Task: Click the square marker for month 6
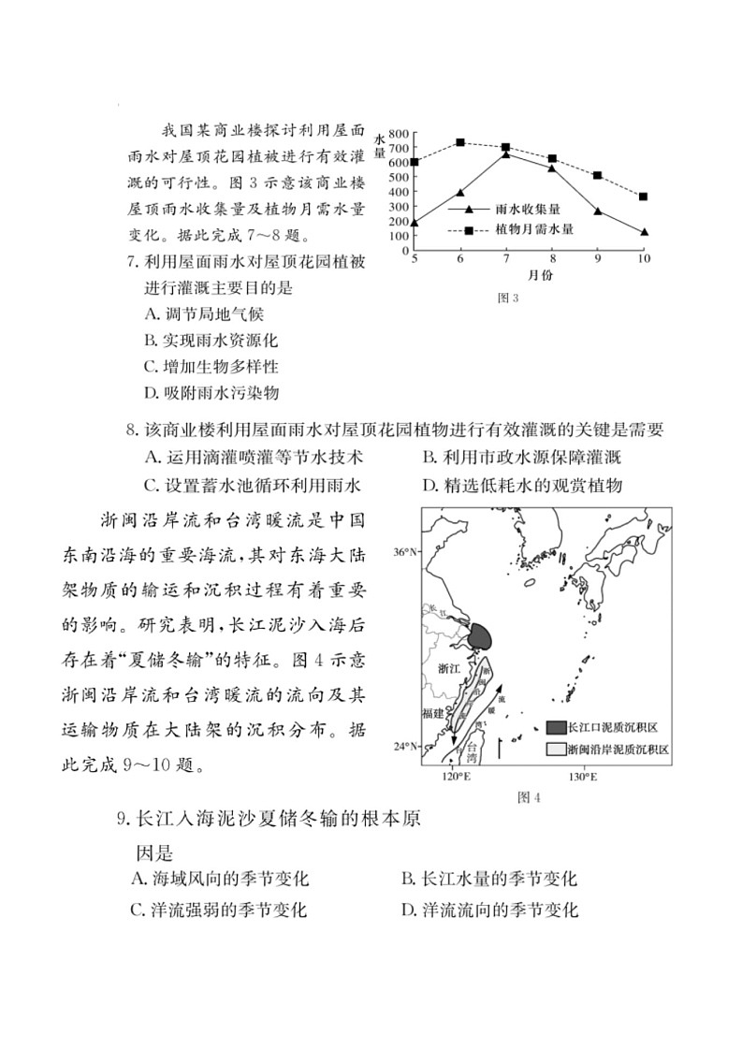coord(460,142)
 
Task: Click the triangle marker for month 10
coord(644,232)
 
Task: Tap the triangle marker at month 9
coord(598,211)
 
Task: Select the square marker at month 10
coord(644,197)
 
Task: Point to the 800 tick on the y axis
coord(397,133)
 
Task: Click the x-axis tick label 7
coord(505,257)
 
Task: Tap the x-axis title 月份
coord(528,275)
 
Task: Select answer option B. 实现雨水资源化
coord(211,341)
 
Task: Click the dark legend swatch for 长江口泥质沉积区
coord(556,727)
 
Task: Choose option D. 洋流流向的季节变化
coord(488,910)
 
